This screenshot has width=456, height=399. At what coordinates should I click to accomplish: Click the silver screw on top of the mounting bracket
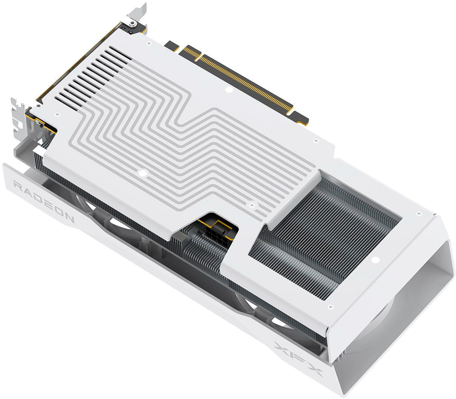[x=132, y=23]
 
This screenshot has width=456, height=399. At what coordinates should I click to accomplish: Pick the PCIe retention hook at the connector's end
[x=302, y=121]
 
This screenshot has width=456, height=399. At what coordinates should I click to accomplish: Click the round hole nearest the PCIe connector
[x=228, y=90]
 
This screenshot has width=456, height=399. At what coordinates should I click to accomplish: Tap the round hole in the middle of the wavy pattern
[x=142, y=173]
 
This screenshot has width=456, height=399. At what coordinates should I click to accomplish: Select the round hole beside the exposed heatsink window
[x=375, y=260]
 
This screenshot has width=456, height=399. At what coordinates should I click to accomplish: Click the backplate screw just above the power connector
[x=252, y=205]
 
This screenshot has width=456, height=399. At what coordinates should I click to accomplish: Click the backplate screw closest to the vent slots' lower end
[x=57, y=114]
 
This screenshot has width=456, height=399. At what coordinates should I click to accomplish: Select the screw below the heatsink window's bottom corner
[x=331, y=307]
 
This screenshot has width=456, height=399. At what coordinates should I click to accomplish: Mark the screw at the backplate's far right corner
[x=418, y=214]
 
